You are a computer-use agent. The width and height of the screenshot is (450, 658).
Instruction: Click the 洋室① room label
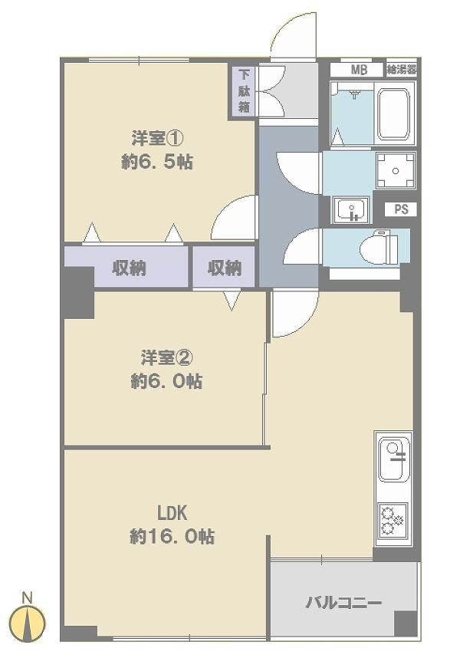point(157,138)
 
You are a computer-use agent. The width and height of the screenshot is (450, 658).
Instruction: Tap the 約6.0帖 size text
point(166,381)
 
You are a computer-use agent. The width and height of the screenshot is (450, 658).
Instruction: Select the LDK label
point(172,513)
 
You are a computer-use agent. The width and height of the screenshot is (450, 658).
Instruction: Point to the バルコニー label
point(343,604)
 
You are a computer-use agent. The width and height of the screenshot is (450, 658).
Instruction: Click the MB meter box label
point(359,70)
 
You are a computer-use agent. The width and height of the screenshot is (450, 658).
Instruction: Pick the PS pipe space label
point(401,209)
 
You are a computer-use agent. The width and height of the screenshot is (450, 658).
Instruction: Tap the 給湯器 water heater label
point(402,69)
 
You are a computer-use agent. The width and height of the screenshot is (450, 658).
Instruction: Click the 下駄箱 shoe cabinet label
point(244,90)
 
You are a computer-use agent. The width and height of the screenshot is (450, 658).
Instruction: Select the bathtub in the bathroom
point(393,114)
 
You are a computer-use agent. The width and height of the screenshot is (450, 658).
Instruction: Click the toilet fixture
point(379,248)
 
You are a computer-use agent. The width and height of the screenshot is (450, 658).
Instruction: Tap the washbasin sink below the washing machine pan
point(351,210)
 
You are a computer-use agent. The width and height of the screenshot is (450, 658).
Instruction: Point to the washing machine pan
point(396,171)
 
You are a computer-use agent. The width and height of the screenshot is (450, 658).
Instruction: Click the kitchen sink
point(394,459)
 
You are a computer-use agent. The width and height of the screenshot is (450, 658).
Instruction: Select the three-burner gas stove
point(393,521)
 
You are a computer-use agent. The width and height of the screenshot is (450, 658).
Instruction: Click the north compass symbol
point(28,623)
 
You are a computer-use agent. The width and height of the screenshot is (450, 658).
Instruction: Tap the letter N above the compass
point(28,597)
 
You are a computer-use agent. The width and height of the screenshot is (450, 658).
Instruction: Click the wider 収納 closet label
point(129,268)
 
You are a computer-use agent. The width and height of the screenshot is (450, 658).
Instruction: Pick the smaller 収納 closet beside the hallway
point(225,268)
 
